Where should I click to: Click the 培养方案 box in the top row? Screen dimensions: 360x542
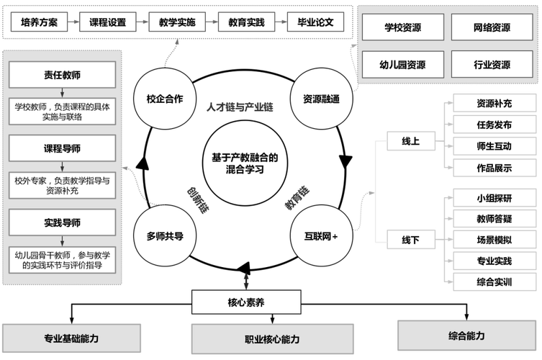40,22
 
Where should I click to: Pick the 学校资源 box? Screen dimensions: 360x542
403,28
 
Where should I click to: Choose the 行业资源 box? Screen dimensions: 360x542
492,64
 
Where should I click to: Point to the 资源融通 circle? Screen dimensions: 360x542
321,100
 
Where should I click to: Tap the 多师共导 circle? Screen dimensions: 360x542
164,236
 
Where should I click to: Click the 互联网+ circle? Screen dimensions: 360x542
320,236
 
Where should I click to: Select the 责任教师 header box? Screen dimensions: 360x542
63,73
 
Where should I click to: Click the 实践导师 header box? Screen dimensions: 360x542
63,221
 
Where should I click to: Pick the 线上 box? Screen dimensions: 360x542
411,141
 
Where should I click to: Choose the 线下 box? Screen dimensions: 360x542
411,240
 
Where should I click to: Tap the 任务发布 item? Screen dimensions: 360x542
494,125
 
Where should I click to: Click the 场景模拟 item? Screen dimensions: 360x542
494,240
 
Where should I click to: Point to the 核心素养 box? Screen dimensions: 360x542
245,302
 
